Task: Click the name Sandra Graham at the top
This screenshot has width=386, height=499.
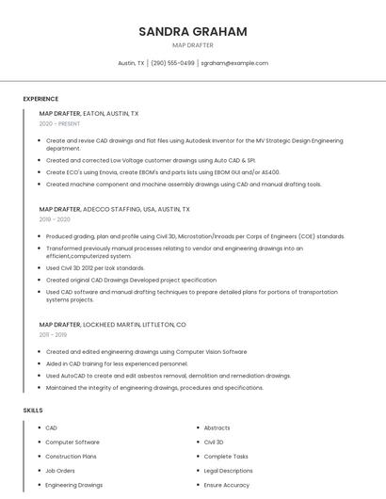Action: pos(193,31)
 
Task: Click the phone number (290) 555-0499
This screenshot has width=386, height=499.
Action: pos(173,63)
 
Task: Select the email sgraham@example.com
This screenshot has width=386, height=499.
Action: pos(234,63)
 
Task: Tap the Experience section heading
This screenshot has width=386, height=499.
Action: pos(40,99)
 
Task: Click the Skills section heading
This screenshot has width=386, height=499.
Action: pos(33,410)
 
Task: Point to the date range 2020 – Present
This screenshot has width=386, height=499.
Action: pos(59,123)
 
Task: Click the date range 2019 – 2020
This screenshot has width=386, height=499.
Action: pos(55,219)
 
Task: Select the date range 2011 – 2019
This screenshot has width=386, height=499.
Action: pos(53,334)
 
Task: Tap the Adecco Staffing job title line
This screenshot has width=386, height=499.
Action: pos(114,209)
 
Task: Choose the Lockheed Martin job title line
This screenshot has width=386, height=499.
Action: pos(112,324)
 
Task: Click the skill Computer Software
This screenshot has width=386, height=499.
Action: pos(72,442)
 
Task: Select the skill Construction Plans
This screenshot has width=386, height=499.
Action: pos(72,456)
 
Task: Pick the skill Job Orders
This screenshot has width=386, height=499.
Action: pos(60,470)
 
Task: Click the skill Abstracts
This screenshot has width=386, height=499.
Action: pos(217,427)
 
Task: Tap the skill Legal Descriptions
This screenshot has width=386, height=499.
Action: pos(228,470)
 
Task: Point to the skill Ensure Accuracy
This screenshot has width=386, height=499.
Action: pos(226,485)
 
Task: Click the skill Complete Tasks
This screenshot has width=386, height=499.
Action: pos(226,456)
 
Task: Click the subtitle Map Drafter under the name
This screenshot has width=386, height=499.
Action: pos(193,44)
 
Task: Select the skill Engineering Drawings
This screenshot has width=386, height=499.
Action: pos(74,485)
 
